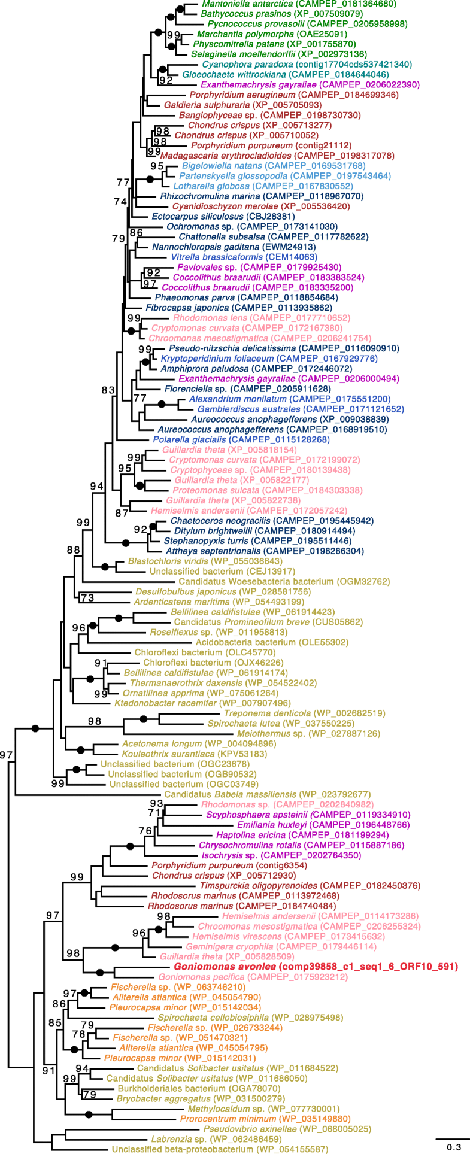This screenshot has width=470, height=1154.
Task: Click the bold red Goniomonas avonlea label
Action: pyautogui.click(x=316, y=967)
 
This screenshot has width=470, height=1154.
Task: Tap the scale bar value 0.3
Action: pyautogui.click(x=454, y=1147)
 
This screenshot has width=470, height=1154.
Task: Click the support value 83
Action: pyautogui.click(x=108, y=390)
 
